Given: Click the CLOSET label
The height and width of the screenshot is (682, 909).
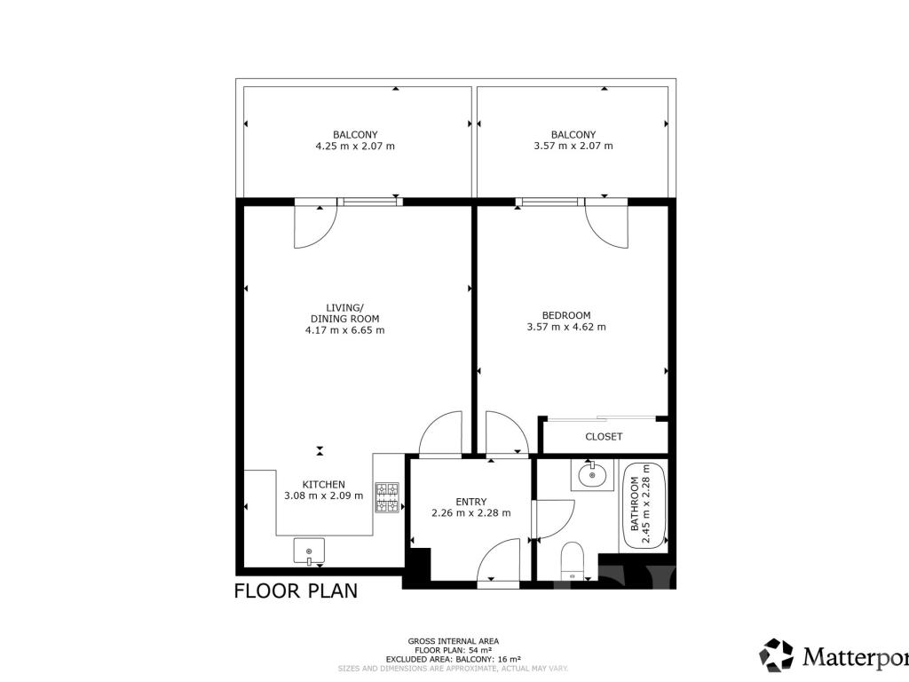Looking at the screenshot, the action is [x=604, y=437].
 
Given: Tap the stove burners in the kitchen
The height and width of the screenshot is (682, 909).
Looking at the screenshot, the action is [x=387, y=497].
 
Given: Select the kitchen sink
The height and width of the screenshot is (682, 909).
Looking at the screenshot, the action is [x=309, y=551].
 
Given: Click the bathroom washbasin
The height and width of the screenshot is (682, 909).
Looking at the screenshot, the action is [x=592, y=476].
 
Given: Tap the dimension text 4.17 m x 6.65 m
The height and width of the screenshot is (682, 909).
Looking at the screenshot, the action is [x=345, y=330].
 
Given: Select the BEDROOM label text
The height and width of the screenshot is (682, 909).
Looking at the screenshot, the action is [x=566, y=315].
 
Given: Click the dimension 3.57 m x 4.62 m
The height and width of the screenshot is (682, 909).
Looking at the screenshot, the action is [x=566, y=327].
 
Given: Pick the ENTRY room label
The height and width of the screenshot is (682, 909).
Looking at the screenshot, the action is [x=470, y=502].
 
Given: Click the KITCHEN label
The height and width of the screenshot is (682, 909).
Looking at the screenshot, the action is [x=323, y=484].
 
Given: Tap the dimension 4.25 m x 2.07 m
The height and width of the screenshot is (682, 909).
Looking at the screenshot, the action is [x=355, y=147].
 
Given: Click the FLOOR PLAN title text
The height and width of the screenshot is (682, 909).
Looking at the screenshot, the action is [x=296, y=591].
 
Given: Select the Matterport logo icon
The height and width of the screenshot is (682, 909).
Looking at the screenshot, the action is [x=776, y=654].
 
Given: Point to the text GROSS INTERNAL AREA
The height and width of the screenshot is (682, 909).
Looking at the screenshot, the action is [x=454, y=641].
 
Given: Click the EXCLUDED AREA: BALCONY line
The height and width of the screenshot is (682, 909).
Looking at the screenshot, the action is [x=454, y=660].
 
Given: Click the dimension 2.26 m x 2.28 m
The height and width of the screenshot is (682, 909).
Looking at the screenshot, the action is [x=471, y=513].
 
